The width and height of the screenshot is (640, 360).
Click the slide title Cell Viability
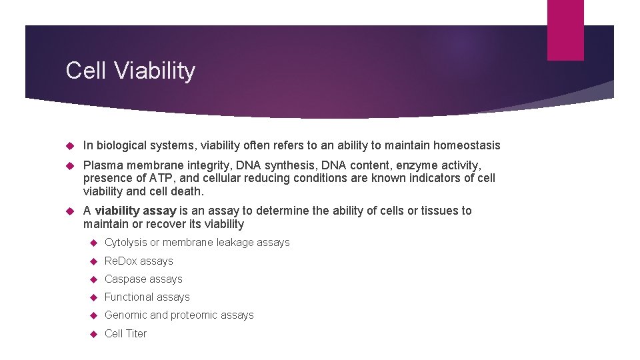pos(130,71)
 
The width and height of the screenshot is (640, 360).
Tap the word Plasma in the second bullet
pos(101,165)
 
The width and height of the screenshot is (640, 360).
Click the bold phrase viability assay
pos(135,211)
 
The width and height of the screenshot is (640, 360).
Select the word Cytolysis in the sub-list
pos(125,243)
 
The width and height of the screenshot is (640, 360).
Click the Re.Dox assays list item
pos(139,261)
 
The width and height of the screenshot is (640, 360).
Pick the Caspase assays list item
pos(143,279)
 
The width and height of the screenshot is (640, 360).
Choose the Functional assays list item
pos(147,297)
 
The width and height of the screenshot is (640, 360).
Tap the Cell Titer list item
pos(125,333)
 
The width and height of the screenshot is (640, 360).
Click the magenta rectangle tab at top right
pos(565,30)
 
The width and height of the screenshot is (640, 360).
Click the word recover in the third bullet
pos(151,224)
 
